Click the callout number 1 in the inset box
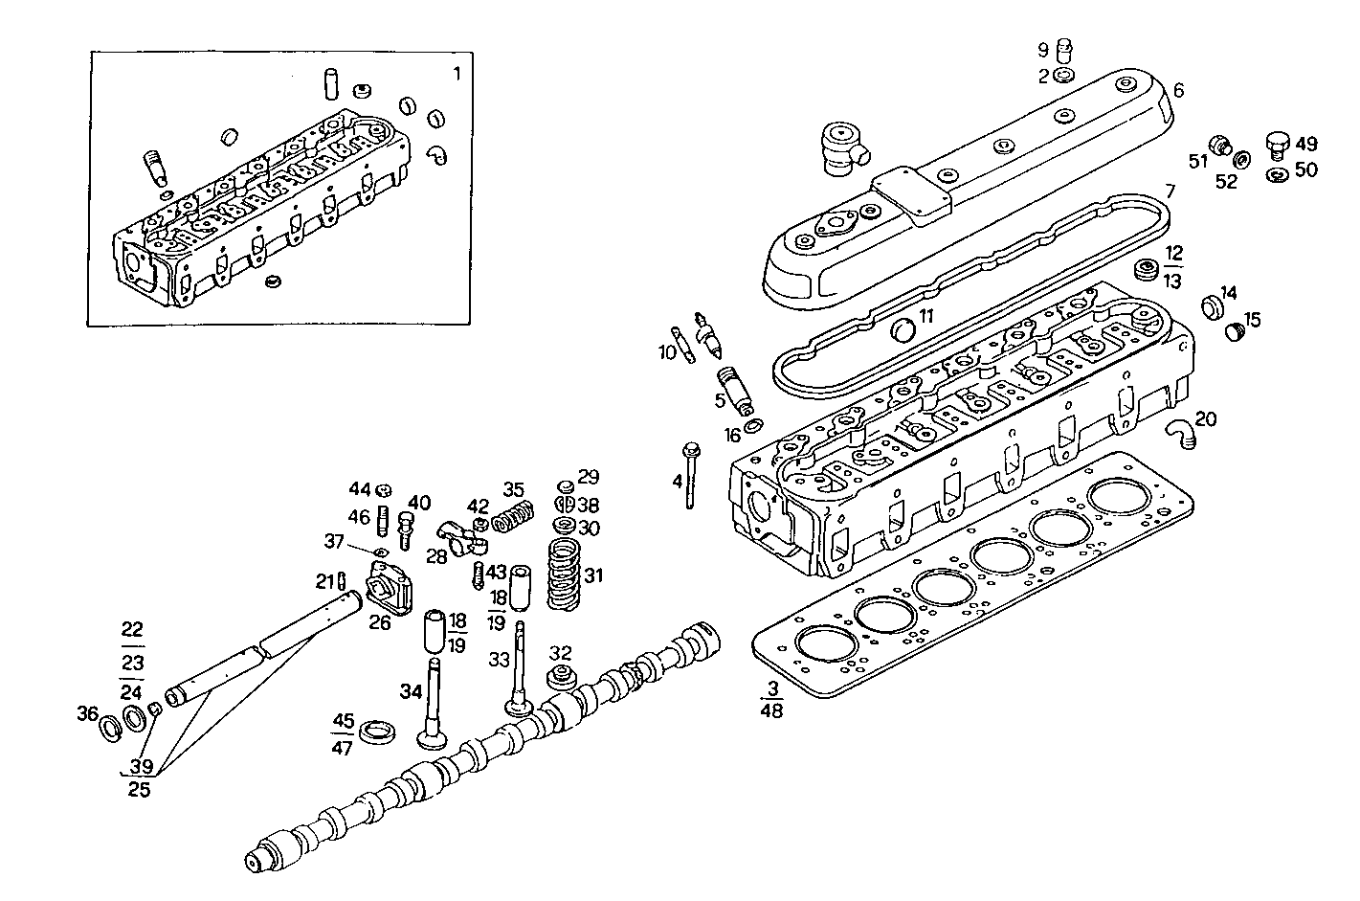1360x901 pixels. (x=457, y=74)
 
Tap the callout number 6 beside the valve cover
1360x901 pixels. (x=1178, y=90)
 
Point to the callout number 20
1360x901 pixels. (x=1206, y=418)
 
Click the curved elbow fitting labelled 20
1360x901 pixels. (x=1179, y=433)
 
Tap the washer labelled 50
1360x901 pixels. (x=1276, y=175)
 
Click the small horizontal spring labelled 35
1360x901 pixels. (x=512, y=519)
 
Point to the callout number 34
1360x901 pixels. (x=410, y=691)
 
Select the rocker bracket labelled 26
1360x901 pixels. (x=390, y=590)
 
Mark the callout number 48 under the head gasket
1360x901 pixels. (x=770, y=711)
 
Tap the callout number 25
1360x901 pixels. (x=139, y=790)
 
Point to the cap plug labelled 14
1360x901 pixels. (x=1211, y=307)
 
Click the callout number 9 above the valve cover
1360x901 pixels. (x=1043, y=50)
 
